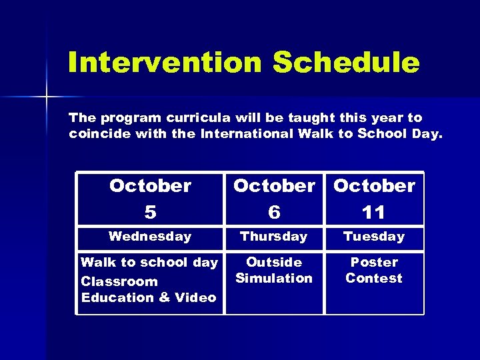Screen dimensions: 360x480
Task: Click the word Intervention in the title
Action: [165, 63]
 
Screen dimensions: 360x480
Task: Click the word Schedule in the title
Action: [346, 63]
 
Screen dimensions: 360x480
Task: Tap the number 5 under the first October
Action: [150, 212]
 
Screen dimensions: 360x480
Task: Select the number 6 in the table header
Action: [274, 212]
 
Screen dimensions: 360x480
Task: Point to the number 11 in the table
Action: [374, 212]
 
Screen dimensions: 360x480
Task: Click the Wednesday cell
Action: [150, 237]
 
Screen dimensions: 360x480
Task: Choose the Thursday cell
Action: [274, 237]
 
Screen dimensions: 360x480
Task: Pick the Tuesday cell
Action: [374, 237]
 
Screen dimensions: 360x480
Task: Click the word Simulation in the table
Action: [274, 278]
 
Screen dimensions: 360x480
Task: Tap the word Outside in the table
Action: [274, 262]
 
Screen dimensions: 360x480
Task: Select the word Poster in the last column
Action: [374, 262]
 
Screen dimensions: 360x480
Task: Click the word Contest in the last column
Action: [374, 278]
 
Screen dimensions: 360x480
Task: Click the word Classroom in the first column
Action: [119, 281]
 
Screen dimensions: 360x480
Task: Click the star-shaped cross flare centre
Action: [47, 98]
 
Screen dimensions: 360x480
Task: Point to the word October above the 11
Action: [374, 186]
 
